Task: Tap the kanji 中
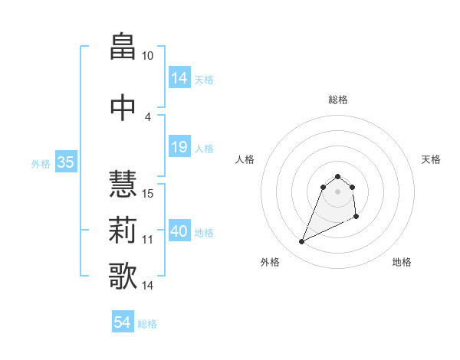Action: (x=123, y=106)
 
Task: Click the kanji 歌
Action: (x=123, y=276)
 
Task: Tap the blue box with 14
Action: (x=179, y=77)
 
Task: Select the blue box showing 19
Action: (x=179, y=147)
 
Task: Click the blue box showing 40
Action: (x=179, y=231)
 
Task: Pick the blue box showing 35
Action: (x=65, y=162)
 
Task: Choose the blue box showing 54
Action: (x=122, y=322)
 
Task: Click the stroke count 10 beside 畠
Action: (x=147, y=56)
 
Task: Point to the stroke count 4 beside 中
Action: (x=148, y=116)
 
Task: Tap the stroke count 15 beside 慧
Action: (x=148, y=193)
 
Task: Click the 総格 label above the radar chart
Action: (x=338, y=100)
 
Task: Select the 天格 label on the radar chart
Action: (x=431, y=159)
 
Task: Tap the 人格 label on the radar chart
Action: (x=245, y=159)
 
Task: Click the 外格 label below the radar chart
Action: (x=270, y=262)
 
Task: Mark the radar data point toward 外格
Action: (x=301, y=242)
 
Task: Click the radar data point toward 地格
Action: (x=357, y=218)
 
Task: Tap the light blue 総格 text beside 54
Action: (x=147, y=324)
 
